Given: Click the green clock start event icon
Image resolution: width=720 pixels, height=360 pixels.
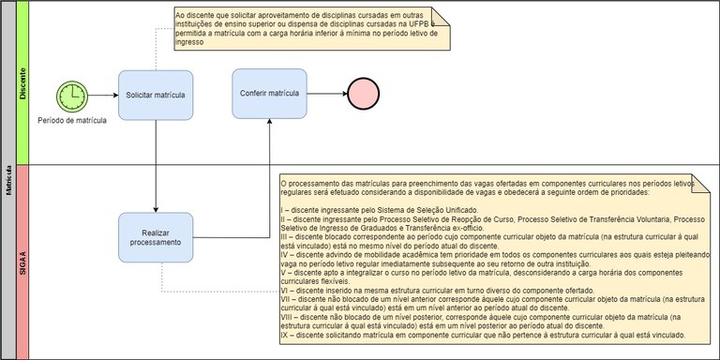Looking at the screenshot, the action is pos(71,94).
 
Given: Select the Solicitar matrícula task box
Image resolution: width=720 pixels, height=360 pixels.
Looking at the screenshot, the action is pos(156,95).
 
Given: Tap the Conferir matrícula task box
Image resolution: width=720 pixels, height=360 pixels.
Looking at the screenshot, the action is pos(270,94).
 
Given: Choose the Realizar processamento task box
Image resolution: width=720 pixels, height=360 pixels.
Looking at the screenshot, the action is pos(156,235).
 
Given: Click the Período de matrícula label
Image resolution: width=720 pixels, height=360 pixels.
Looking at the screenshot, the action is pos(72,119).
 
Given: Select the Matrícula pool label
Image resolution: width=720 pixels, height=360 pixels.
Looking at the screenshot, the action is pos(7,178).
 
